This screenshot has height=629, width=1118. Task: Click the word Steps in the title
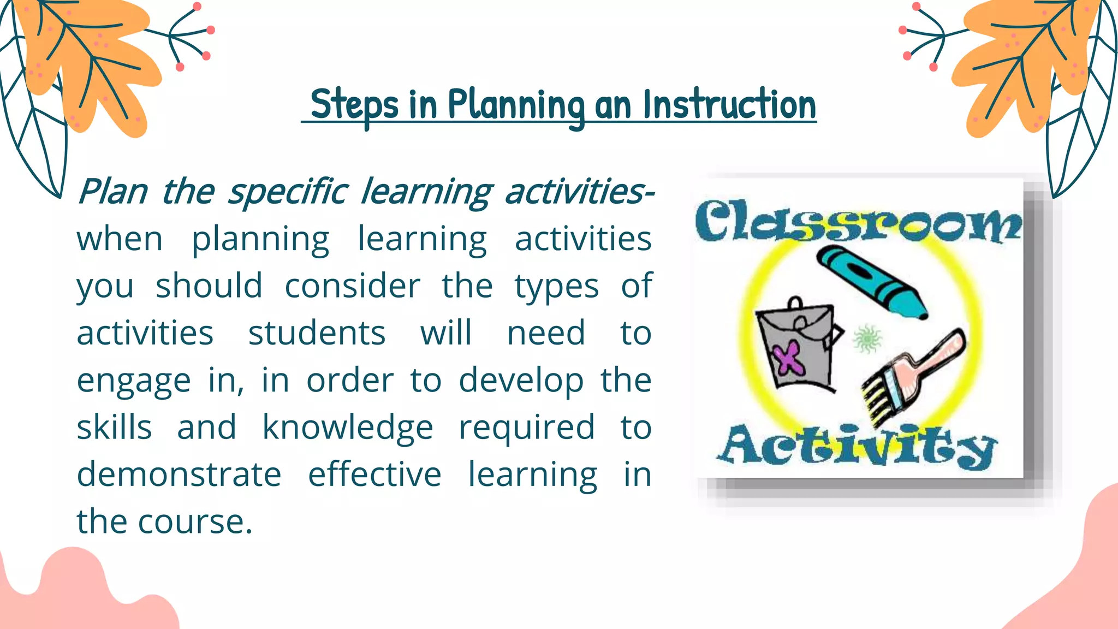point(354,105)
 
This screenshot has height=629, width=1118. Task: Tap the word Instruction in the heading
point(729,105)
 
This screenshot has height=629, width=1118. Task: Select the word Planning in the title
point(516,105)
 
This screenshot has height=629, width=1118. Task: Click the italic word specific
point(287,192)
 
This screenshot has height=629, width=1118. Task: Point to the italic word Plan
point(112,192)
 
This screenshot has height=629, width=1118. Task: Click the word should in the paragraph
point(209,286)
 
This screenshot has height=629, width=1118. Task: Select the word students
point(317,333)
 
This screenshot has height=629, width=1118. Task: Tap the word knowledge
point(348,427)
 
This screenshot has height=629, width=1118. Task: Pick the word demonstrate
point(179,474)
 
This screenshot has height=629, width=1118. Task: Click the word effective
point(374,474)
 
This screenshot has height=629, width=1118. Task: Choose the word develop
point(521,381)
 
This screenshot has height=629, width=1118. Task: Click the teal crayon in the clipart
point(872,282)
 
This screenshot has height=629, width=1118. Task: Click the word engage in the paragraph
point(133,381)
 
